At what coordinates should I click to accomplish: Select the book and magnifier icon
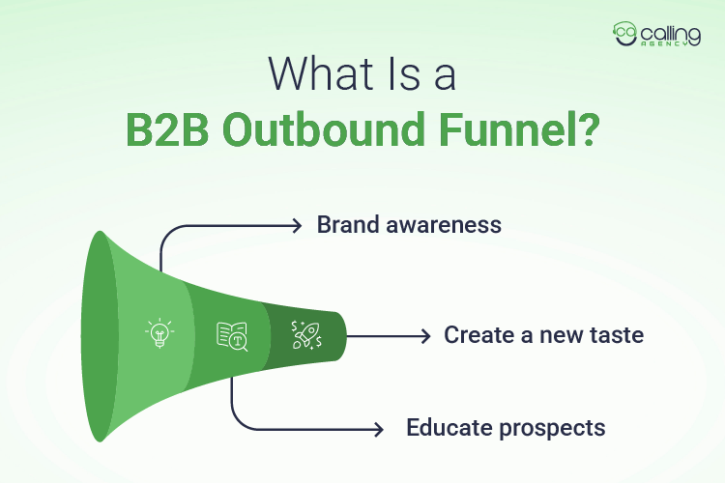(231, 335)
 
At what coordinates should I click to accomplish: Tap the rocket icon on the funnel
(308, 335)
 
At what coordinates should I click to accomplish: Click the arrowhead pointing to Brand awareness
(298, 225)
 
